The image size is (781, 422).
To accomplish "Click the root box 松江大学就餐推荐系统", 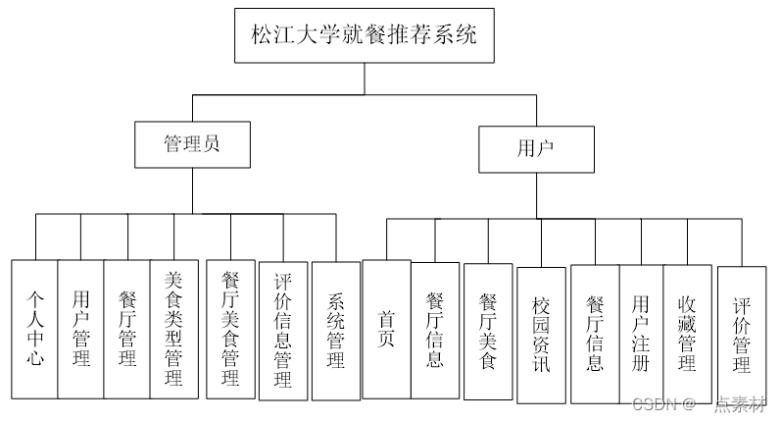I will tap(363, 35).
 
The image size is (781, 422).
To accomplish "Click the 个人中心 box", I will tap(35, 328).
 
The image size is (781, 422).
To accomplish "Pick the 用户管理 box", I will tap(81, 328).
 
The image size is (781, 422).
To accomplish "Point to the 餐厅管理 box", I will tap(127, 328).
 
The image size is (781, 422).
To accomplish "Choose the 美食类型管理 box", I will tap(174, 328).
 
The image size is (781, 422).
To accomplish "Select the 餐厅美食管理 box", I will tap(231, 328).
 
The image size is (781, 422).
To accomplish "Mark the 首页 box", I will tap(386, 329).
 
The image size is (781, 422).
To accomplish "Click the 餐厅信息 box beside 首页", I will tap(435, 329).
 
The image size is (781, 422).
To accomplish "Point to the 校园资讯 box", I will tap(541, 334).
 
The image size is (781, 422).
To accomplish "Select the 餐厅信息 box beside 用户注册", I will tap(595, 333).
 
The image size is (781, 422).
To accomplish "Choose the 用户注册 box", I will tap(641, 333).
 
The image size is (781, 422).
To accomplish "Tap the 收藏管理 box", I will tap(687, 333).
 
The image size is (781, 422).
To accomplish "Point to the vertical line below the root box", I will tap(363, 79).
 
